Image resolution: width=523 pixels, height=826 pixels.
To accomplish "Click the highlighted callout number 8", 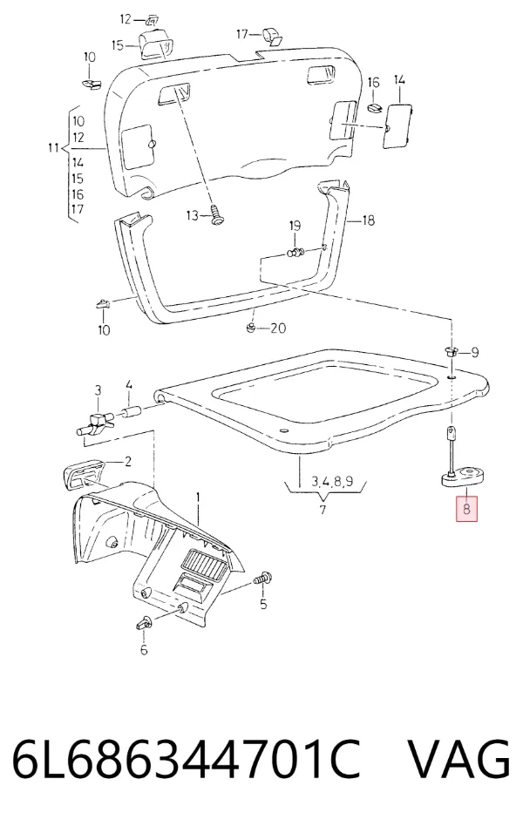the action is point(466,509).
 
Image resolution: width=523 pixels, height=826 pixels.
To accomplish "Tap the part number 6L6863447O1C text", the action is point(186,760).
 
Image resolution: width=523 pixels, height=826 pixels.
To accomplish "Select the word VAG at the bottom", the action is point(459,760).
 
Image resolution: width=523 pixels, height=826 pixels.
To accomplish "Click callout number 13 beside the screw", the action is point(193,215).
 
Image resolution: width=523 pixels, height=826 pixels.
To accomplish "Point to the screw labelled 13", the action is point(216,216).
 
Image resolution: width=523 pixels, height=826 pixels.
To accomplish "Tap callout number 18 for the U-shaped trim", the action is point(369,220).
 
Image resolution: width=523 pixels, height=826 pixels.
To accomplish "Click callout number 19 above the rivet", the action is point(295,226).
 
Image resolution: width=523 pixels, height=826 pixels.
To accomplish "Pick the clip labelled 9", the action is point(450,351).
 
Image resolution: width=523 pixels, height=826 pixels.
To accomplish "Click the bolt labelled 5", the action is point(262,579).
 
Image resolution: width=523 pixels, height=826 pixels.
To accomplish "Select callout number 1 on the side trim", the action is point(198,497).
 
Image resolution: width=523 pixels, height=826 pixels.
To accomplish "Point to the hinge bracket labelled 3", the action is point(96,423).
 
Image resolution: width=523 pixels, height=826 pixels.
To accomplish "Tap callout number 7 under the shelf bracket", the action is point(323,510).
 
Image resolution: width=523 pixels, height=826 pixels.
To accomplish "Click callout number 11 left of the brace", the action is point(53,148).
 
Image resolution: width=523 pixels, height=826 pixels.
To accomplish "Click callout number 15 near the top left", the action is point(117,45).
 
